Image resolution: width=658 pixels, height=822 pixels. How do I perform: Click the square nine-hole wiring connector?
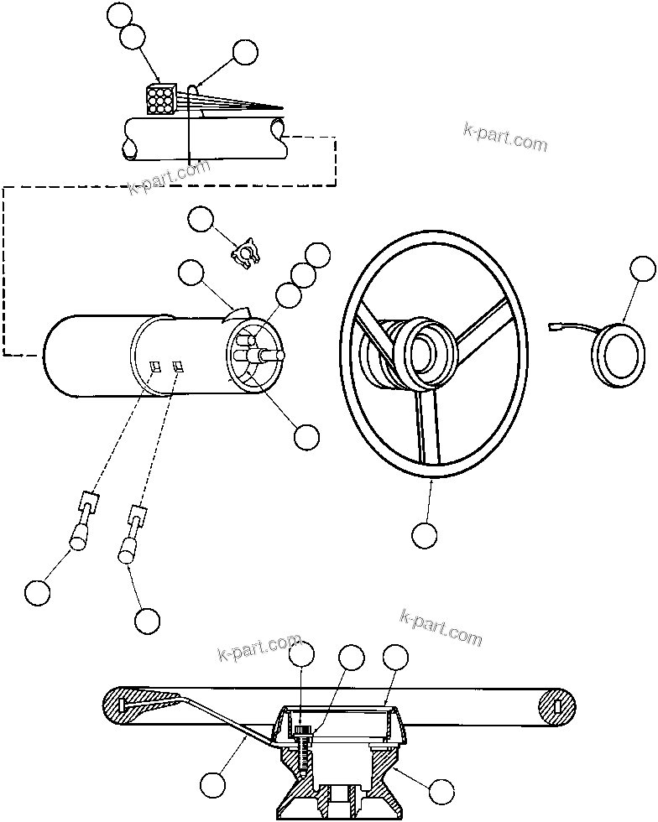click(x=159, y=100)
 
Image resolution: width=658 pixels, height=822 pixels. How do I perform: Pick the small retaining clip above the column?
click(x=246, y=251)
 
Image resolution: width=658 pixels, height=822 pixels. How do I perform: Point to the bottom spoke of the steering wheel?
click(x=428, y=427)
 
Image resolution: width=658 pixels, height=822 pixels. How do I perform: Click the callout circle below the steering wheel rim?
click(x=425, y=534)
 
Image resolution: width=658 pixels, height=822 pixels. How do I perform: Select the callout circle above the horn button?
click(x=642, y=268)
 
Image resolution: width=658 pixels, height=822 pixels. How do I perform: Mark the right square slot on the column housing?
click(x=179, y=365)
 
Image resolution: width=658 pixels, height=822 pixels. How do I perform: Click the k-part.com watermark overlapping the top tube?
click(x=169, y=174)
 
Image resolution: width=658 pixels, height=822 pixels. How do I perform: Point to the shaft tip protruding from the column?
click(x=277, y=355)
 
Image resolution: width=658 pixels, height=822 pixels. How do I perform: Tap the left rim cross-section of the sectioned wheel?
click(x=120, y=705)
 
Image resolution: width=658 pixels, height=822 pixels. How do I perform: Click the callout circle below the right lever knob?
click(x=147, y=620)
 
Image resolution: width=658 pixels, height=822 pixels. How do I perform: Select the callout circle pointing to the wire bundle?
click(x=244, y=52)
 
